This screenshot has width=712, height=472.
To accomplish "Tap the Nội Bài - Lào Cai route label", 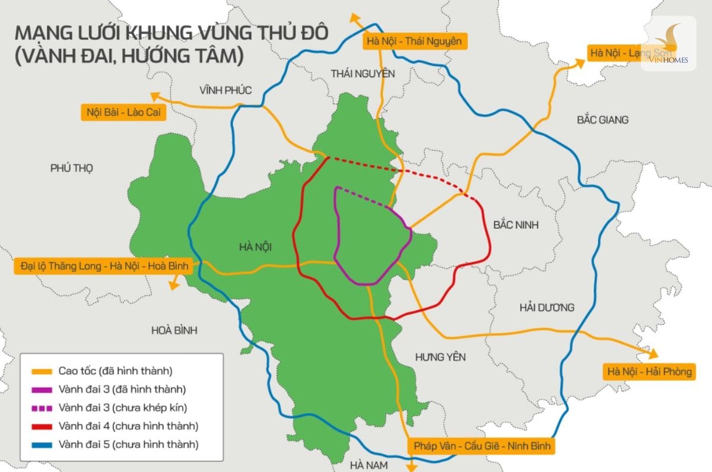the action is [x=122, y=112].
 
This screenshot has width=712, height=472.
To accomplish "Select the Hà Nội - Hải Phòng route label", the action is [x=649, y=372].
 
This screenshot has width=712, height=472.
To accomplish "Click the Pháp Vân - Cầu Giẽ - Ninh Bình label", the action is [x=481, y=446].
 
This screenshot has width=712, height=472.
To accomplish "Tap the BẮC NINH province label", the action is [x=516, y=226].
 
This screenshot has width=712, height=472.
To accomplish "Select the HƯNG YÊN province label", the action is [x=440, y=357].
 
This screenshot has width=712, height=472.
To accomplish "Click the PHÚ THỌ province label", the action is [x=72, y=168].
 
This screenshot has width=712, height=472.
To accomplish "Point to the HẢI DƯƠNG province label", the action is [x=546, y=308].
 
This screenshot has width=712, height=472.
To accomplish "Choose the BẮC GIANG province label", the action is [x=602, y=120].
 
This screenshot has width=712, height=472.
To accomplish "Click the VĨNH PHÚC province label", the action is [x=225, y=90].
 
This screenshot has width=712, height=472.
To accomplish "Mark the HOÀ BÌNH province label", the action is [x=174, y=330].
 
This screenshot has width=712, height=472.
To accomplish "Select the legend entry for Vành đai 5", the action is [x=128, y=444].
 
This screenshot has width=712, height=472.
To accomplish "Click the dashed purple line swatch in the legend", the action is [x=40, y=408].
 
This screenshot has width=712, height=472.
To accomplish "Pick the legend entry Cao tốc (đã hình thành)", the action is [x=115, y=371].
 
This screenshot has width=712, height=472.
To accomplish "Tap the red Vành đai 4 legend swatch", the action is [x=40, y=426].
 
